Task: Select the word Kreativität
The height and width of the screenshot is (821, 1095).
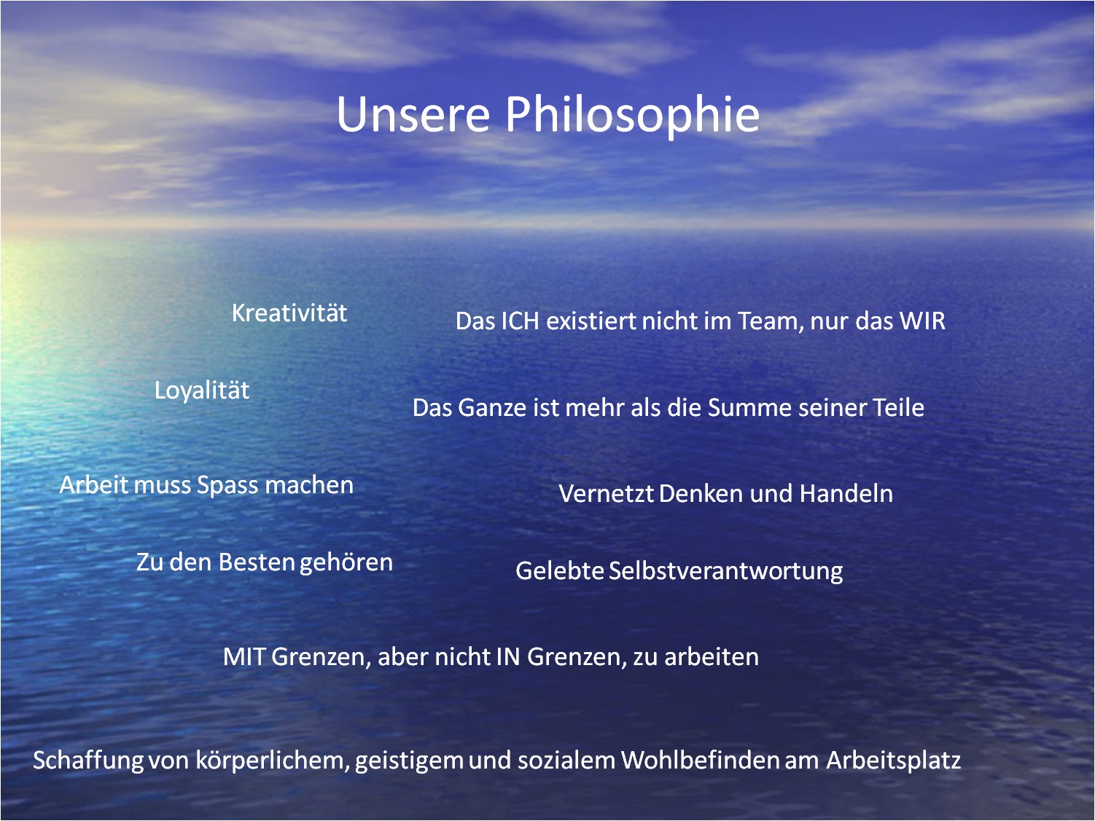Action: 289,313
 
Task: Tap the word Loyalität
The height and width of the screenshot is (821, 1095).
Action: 201,390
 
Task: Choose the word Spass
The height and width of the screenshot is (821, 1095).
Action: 227,486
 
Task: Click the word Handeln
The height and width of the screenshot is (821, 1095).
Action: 846,493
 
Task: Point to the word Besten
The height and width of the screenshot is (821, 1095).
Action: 257,562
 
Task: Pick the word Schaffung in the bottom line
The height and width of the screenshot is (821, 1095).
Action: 87,761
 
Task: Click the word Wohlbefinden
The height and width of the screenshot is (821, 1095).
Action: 700,761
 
